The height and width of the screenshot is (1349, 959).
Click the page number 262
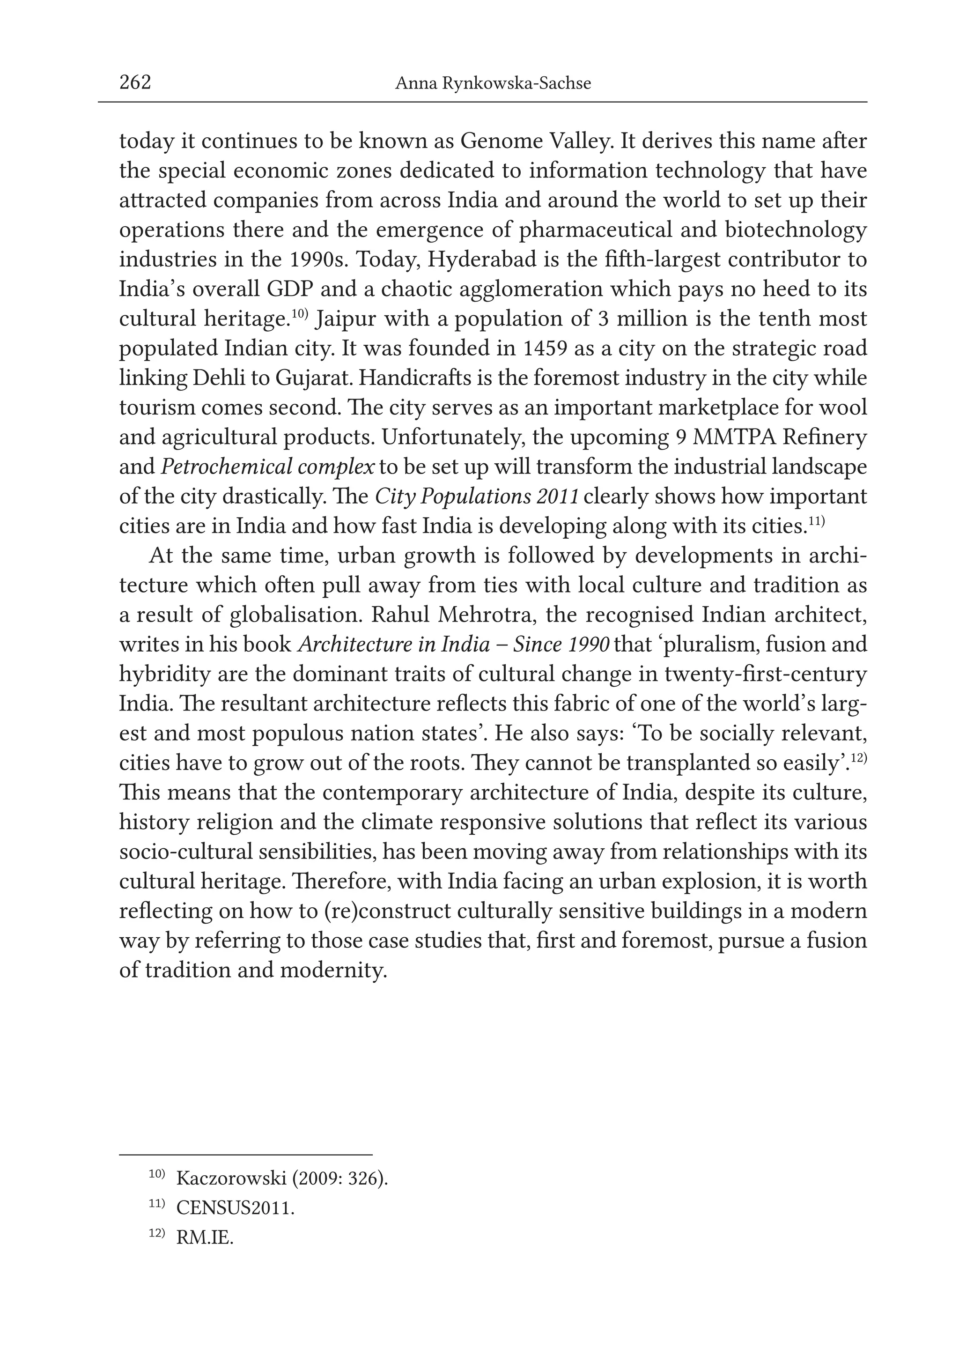(135, 83)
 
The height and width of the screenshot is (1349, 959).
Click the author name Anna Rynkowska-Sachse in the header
(493, 84)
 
